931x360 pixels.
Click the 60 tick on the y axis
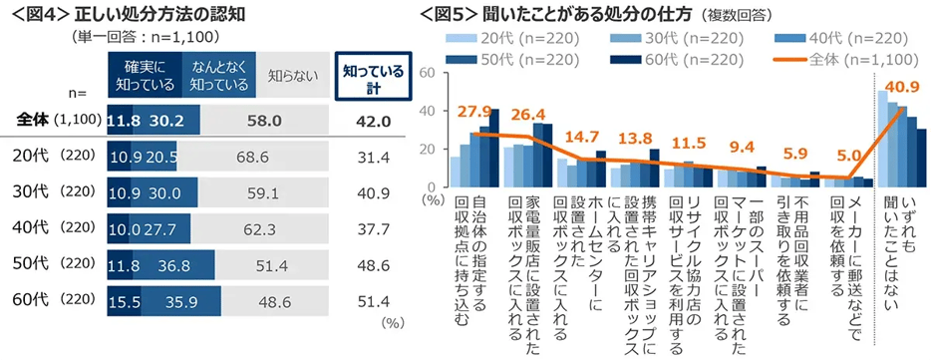click(x=426, y=74)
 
